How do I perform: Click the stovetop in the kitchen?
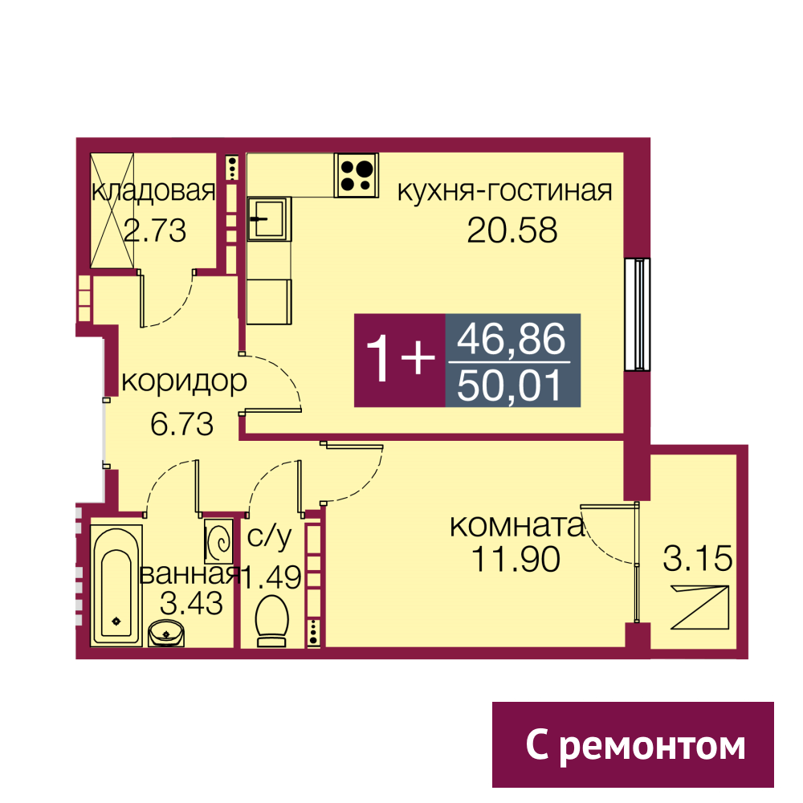357,175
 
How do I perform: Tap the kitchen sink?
269,219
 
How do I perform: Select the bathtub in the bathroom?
116,585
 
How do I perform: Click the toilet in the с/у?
271,620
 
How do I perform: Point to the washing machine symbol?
219,542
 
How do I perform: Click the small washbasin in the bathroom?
166,634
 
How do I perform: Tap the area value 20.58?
512,230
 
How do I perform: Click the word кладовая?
153,191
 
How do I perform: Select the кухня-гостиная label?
505,191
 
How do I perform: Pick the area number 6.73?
181,425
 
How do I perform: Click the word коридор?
185,381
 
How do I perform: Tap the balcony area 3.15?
698,558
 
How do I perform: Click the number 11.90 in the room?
516,559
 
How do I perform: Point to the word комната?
517,526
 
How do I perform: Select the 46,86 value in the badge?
512,339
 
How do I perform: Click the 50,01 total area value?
511,385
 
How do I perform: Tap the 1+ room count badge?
400,361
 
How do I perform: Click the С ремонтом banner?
633,744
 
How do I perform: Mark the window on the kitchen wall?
638,315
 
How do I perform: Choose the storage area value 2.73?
155,230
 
